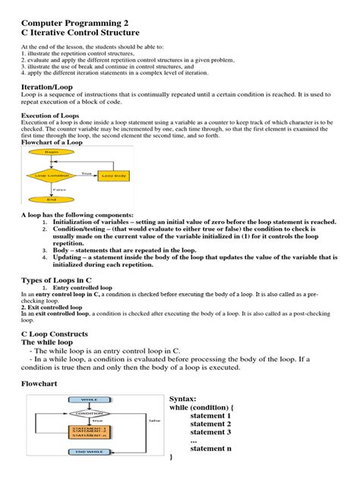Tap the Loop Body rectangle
point(115,175)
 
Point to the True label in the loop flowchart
point(87,172)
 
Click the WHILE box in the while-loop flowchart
point(91,399)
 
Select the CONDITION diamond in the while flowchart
point(91,413)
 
